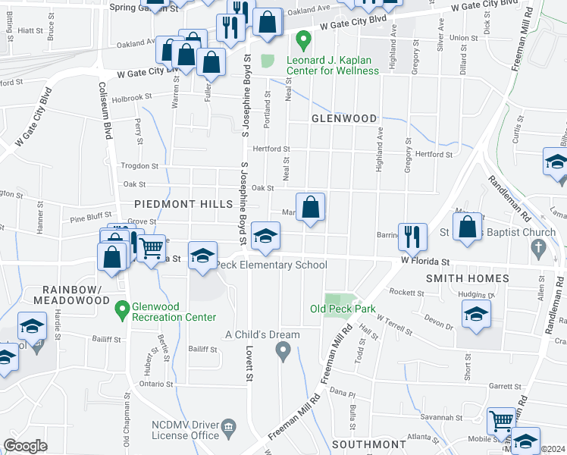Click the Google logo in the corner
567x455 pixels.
[x=25, y=446]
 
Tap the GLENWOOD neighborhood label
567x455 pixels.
[x=344, y=119]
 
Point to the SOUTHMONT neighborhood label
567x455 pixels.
[x=368, y=444]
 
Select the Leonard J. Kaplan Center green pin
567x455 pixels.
[x=302, y=38]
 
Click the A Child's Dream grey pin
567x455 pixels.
[x=283, y=350]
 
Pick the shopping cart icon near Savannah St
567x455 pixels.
[x=501, y=419]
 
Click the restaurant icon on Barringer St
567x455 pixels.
[x=412, y=235]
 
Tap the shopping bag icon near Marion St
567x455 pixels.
[x=311, y=206]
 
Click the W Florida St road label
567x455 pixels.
[x=421, y=262]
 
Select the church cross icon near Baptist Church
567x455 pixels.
[x=538, y=247]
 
